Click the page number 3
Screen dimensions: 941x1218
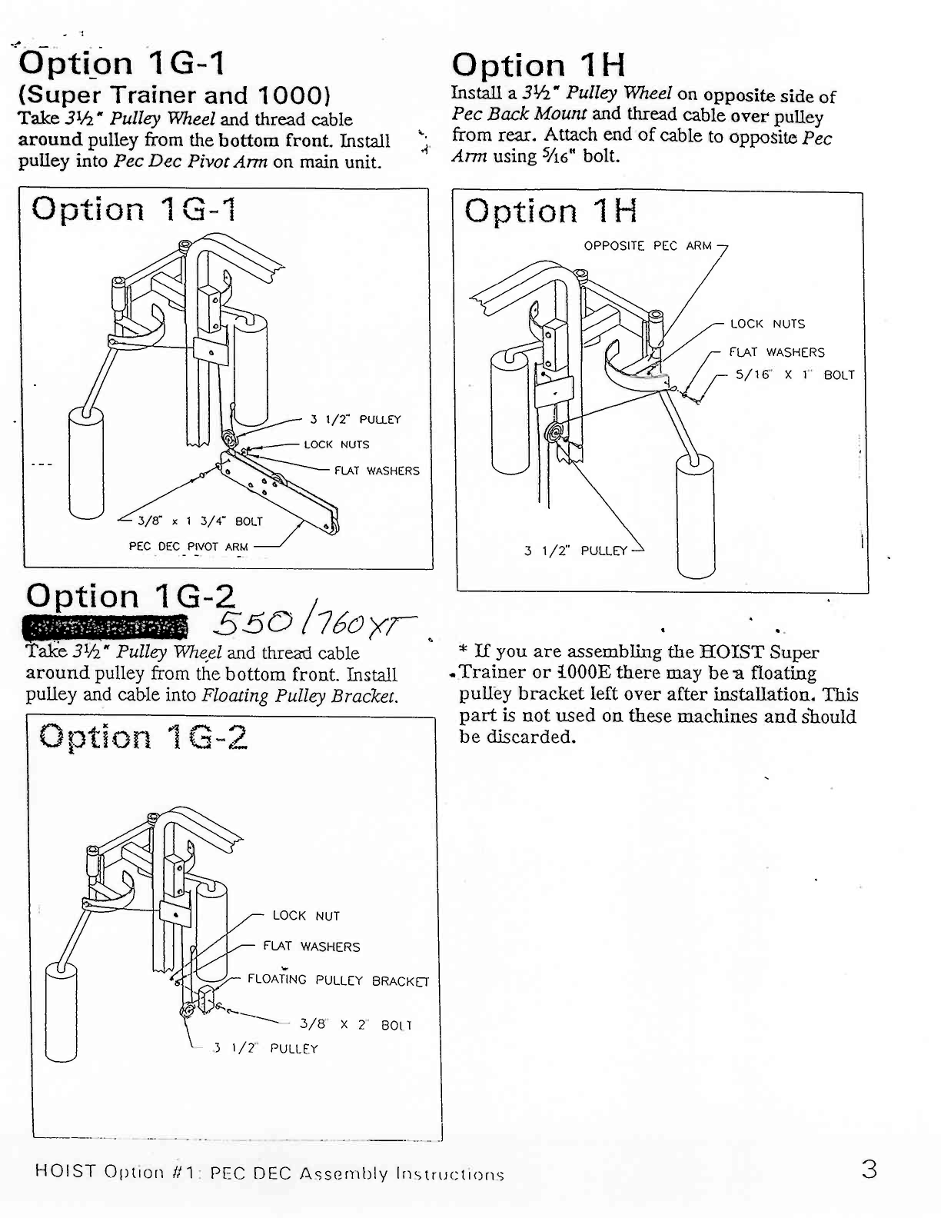tap(869, 1170)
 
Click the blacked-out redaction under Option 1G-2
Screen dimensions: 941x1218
tap(105, 627)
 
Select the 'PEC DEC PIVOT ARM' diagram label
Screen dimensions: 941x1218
tap(188, 547)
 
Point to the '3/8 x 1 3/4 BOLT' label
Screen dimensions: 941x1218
tap(200, 521)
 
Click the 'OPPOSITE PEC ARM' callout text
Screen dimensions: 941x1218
tap(647, 246)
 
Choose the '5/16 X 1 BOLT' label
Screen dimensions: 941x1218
tap(795, 375)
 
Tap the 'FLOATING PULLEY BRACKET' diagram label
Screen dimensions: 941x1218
tap(337, 980)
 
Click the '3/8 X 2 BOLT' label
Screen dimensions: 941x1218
tap(355, 1025)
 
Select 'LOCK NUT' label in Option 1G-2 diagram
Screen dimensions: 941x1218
tap(306, 916)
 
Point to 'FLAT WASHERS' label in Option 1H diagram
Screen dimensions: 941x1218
tap(776, 352)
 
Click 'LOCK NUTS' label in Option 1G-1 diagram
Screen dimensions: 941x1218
tap(336, 444)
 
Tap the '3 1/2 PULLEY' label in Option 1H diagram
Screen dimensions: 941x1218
tap(575, 551)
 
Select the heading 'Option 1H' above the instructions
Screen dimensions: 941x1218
tap(538, 66)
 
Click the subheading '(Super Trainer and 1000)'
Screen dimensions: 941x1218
tap(175, 95)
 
